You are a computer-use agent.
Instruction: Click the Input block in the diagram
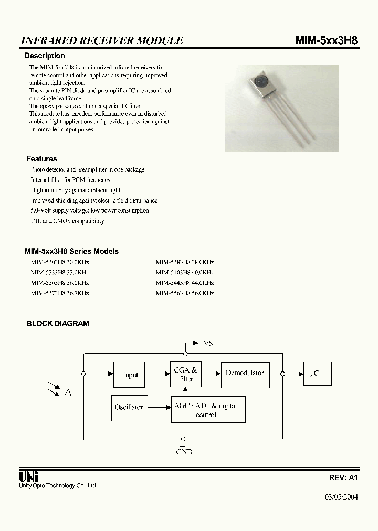(x=129, y=374)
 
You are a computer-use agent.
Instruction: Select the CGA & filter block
(x=186, y=374)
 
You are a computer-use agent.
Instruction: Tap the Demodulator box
(x=245, y=373)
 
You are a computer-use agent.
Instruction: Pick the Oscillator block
(x=129, y=407)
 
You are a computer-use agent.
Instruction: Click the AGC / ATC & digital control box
(x=208, y=410)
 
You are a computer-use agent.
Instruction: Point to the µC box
(x=314, y=374)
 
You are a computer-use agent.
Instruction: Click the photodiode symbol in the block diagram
(x=68, y=392)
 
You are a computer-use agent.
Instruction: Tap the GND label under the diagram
(x=184, y=451)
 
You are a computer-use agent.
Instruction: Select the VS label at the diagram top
(x=208, y=343)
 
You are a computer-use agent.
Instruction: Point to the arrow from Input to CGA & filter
(x=156, y=374)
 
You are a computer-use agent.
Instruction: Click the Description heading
(x=45, y=56)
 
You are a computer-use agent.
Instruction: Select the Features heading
(x=41, y=158)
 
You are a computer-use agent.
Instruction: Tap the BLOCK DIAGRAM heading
(x=58, y=324)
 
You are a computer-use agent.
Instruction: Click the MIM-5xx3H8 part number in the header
(x=327, y=40)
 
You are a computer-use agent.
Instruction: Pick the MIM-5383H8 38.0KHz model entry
(x=185, y=262)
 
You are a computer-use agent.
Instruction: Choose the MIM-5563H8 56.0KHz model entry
(x=185, y=293)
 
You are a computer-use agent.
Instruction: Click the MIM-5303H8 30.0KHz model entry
(x=59, y=262)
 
